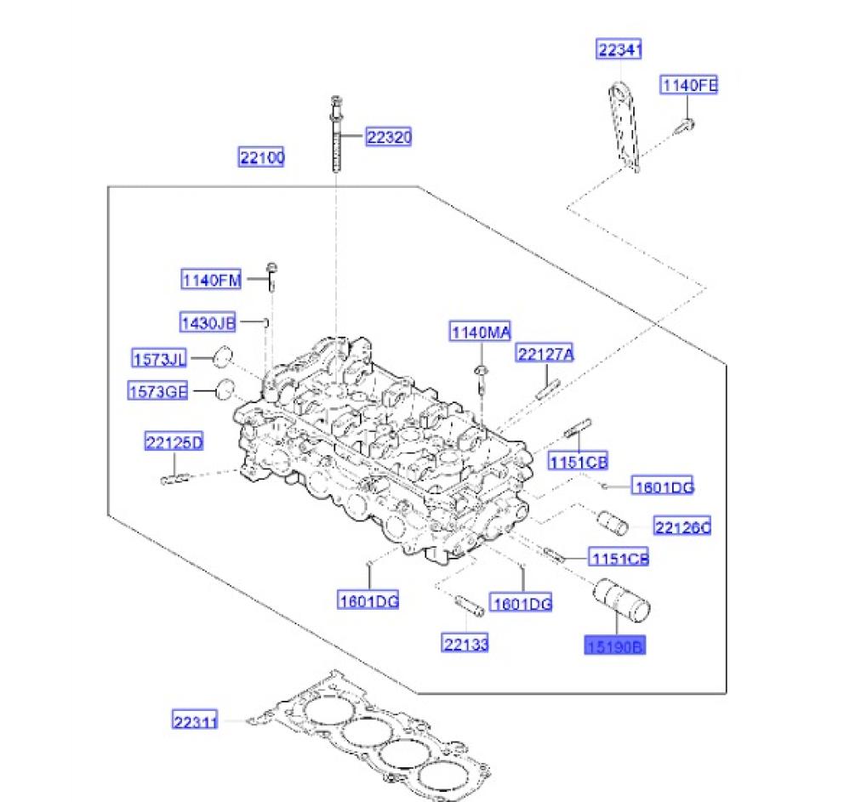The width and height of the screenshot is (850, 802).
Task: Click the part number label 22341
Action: pos(619,51)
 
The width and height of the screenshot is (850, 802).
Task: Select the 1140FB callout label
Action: pos(690,85)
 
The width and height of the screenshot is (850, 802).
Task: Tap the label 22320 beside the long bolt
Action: pos(389,137)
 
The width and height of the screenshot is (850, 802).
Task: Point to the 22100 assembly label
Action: pos(261,157)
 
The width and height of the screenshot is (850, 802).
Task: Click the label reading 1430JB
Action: pos(208,322)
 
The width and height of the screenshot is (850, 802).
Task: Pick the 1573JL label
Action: pos(159,358)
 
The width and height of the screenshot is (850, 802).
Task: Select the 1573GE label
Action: pos(157,391)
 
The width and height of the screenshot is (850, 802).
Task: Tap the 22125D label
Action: pos(174,442)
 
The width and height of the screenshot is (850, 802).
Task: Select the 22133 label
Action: pos(465,644)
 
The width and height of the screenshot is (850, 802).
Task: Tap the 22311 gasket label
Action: pos(195,722)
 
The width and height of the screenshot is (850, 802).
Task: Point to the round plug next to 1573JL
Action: pos(222,355)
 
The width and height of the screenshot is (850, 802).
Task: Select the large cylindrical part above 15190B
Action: pos(620,598)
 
